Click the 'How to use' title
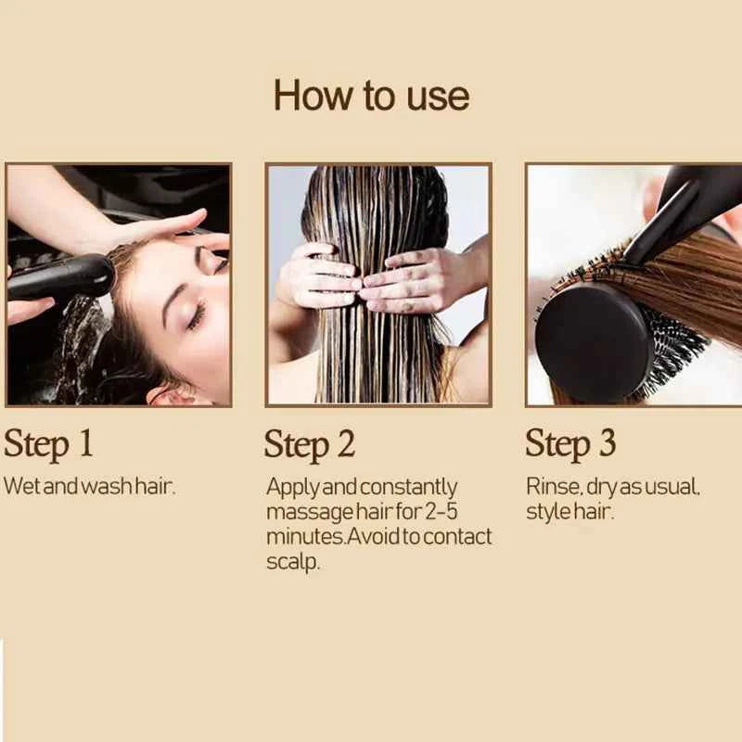[x=371, y=96]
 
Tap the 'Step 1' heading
[x=48, y=443]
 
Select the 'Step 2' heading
[x=310, y=444]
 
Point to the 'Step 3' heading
[x=570, y=443]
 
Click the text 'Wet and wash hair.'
[x=89, y=486]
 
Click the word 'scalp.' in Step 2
[x=293, y=562]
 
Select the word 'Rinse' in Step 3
[x=549, y=486]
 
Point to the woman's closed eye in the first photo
[x=197, y=315]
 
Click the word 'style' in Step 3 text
[x=544, y=511]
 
